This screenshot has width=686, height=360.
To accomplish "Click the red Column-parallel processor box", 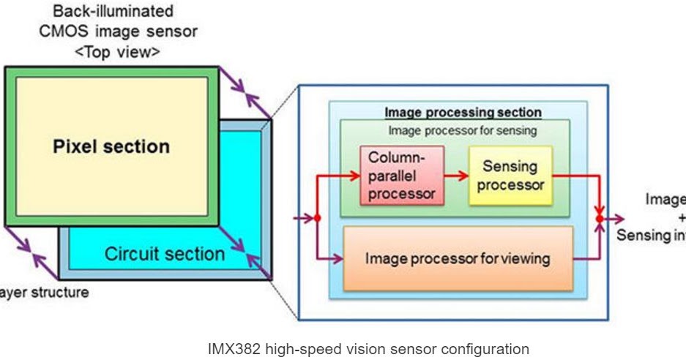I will pyautogui.click(x=401, y=176).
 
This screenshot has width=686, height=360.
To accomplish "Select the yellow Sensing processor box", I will pyautogui.click(x=510, y=176).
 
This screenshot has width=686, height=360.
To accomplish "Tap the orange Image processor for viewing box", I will pyautogui.click(x=458, y=258).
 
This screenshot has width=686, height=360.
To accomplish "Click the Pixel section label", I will pyautogui.click(x=111, y=146).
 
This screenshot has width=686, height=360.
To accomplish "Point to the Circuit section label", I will pyautogui.click(x=165, y=254).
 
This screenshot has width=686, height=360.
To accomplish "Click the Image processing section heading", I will pyautogui.click(x=463, y=113).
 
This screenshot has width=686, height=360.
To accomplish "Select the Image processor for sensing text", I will pyautogui.click(x=463, y=131).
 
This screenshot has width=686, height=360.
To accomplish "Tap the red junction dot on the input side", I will pyautogui.click(x=318, y=218).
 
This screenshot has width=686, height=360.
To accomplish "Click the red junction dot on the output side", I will pyautogui.click(x=600, y=218).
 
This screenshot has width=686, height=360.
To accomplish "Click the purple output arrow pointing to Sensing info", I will pyautogui.click(x=615, y=218).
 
